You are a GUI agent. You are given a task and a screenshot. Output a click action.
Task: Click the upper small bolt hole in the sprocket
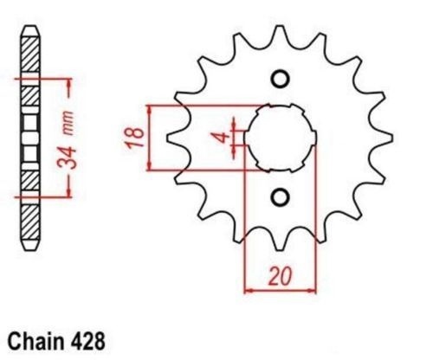point(280,79)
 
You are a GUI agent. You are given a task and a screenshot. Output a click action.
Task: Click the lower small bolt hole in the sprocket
point(280,197)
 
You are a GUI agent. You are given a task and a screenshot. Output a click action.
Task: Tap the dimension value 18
point(136,138)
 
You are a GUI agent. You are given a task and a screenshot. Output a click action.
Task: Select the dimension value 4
point(223,138)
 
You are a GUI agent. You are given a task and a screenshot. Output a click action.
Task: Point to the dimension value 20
point(280,276)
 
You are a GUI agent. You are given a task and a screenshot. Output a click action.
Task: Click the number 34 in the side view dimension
point(67,157)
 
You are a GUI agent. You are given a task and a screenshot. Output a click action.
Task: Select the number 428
point(87,342)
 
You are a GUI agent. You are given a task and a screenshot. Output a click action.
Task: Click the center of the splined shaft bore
point(280,138)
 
